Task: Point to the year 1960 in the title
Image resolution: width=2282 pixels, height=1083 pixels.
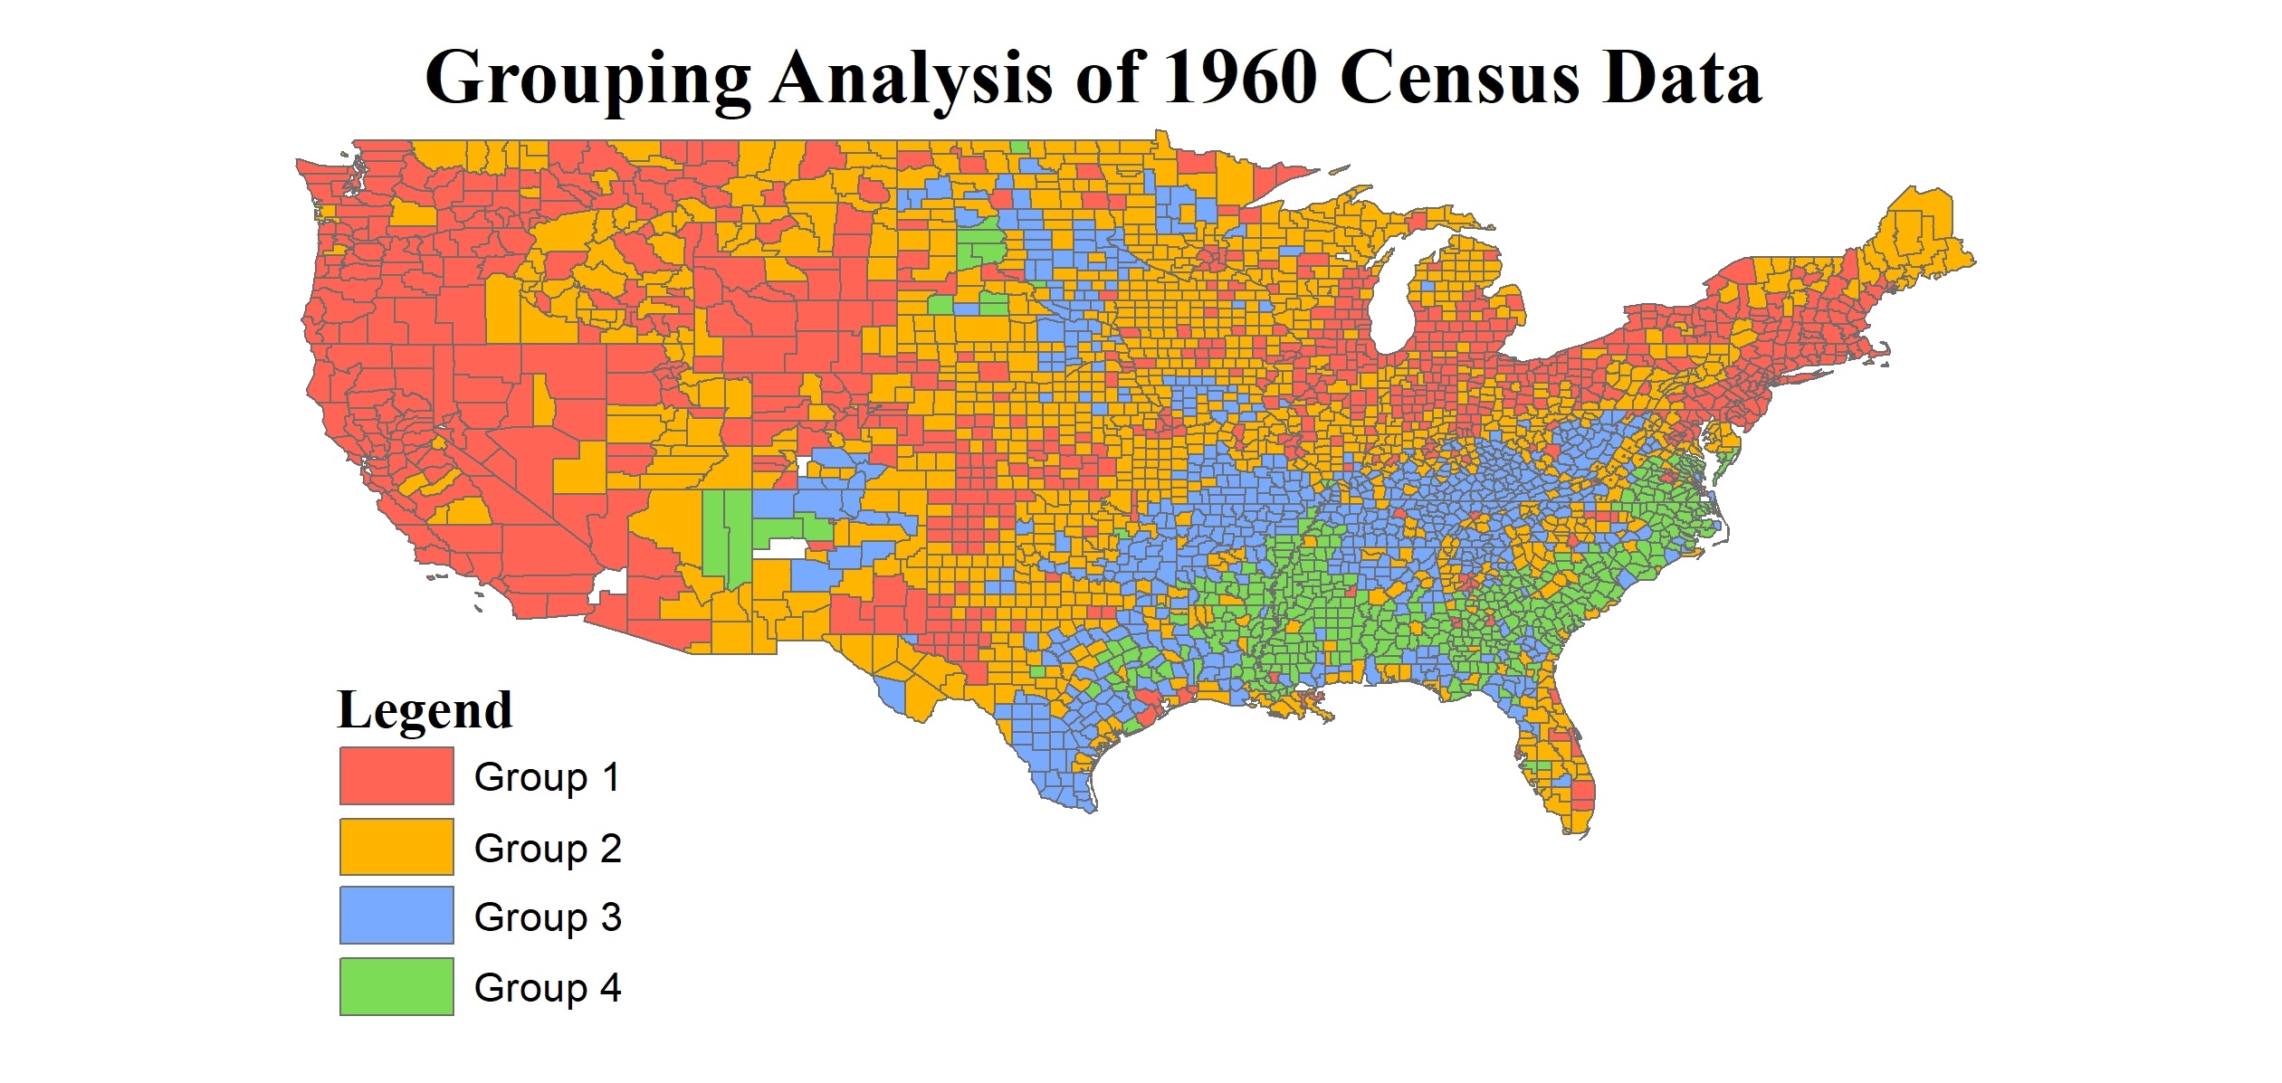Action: pyautogui.click(x=1239, y=77)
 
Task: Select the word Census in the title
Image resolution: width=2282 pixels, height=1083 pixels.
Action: pyautogui.click(x=1459, y=77)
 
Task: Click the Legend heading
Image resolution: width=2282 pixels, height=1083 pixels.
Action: pyautogui.click(x=425, y=709)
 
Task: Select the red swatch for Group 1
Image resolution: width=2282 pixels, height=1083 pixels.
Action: pyautogui.click(x=396, y=775)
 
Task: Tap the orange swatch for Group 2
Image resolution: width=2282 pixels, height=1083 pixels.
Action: pyautogui.click(x=396, y=847)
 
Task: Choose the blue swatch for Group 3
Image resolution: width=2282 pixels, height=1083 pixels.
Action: pyautogui.click(x=396, y=916)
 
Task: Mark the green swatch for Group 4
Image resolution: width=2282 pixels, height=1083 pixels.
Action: pyautogui.click(x=396, y=986)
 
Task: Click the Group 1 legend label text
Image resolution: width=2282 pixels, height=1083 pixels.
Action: pyautogui.click(x=547, y=777)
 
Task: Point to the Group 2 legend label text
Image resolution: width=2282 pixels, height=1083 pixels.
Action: pyautogui.click(x=547, y=849)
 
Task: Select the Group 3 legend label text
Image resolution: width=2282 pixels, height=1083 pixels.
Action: pyautogui.click(x=547, y=917)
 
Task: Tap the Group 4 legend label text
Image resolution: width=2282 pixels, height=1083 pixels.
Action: pyautogui.click(x=547, y=988)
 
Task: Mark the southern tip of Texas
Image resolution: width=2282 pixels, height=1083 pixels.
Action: pyautogui.click(x=1089, y=805)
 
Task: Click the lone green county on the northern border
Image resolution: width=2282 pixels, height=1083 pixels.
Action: pyautogui.click(x=1019, y=147)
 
